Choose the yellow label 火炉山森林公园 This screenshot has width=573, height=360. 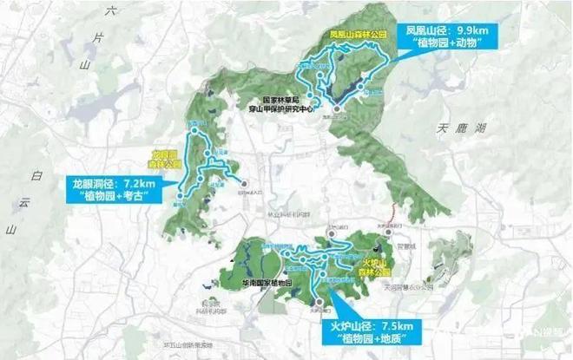click(379, 264)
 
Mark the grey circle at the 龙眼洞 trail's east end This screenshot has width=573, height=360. click(245, 183)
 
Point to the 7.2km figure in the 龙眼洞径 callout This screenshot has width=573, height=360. click(136, 183)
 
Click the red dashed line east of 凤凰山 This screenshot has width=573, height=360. click(395, 212)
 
